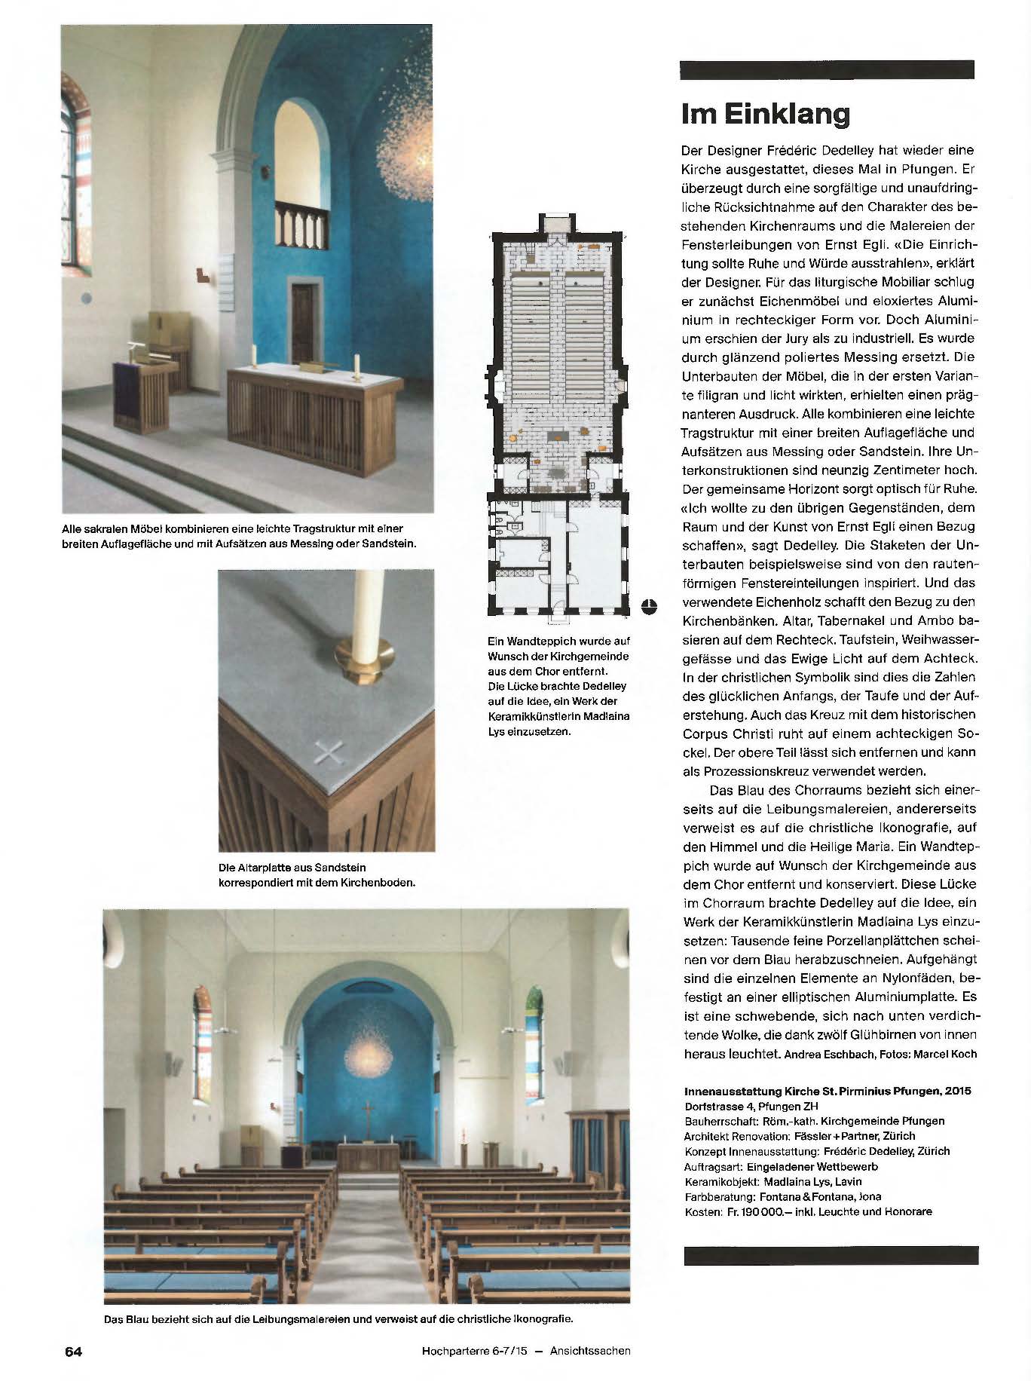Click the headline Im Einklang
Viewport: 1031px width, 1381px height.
pyautogui.click(x=765, y=115)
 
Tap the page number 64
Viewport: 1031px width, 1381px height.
pyautogui.click(x=72, y=1351)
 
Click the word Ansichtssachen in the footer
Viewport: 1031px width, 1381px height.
pyautogui.click(x=590, y=1351)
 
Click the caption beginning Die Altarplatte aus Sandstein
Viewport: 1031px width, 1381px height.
pyautogui.click(x=316, y=874)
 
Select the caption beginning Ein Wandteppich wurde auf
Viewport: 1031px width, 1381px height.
pyautogui.click(x=558, y=685)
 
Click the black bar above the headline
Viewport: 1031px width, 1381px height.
pyautogui.click(x=826, y=69)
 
